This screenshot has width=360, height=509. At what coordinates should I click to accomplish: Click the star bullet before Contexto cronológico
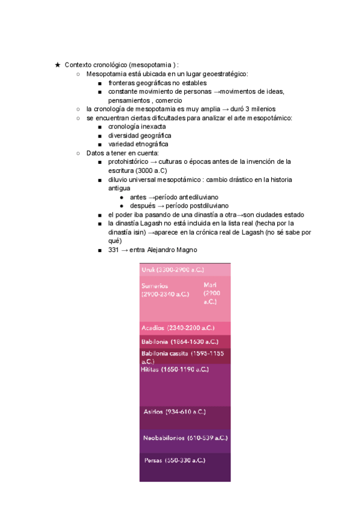(x=57, y=65)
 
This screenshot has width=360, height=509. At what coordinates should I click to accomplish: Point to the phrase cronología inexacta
(x=137, y=127)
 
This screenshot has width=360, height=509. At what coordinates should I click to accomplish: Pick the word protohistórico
(x=131, y=161)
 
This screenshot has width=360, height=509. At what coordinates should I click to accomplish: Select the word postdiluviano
(x=203, y=205)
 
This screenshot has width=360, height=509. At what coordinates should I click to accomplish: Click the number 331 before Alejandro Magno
(x=114, y=250)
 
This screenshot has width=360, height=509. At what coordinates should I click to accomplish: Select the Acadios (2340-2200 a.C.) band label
(x=178, y=328)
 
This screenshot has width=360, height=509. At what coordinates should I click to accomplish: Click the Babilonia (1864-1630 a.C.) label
(x=179, y=342)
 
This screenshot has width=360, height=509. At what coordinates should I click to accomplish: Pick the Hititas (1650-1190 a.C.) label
(x=175, y=370)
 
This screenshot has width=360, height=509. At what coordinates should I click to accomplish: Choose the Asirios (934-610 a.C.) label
(x=175, y=412)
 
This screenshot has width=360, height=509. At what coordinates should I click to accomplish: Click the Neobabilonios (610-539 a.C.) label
(x=185, y=438)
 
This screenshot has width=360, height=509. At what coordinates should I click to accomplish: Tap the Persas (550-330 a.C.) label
(x=175, y=460)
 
